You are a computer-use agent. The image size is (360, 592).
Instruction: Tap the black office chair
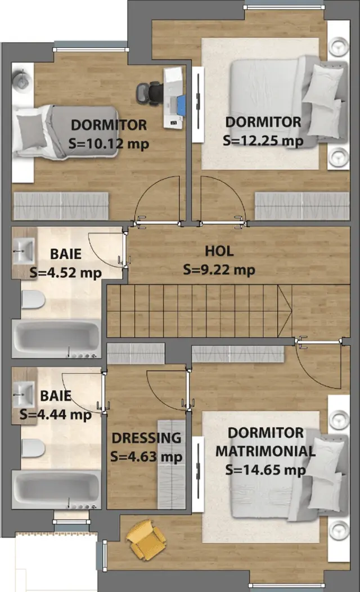(x=150, y=93)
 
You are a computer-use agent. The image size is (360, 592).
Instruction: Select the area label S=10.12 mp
(x=109, y=144)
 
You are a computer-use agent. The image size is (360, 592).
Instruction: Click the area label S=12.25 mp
(x=263, y=141)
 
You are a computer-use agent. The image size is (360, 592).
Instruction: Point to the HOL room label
(x=219, y=251)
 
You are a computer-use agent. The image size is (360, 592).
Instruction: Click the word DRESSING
(x=146, y=438)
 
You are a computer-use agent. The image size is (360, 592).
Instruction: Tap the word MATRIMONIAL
(x=265, y=451)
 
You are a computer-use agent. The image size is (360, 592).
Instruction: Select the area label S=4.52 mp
(x=66, y=272)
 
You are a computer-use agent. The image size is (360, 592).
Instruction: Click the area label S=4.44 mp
(x=56, y=415)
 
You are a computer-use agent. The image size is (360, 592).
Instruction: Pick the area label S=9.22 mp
(x=219, y=270)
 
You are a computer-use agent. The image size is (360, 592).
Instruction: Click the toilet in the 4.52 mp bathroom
(x=33, y=300)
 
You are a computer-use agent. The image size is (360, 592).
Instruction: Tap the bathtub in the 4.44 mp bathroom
(x=56, y=490)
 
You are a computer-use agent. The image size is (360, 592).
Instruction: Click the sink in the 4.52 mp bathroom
(x=24, y=250)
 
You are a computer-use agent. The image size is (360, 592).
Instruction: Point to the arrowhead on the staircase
(x=285, y=311)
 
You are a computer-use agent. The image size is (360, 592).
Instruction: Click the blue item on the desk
(x=181, y=105)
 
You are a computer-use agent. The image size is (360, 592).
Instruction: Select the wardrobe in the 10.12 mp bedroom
(x=61, y=206)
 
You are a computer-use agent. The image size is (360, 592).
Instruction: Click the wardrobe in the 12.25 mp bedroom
(x=302, y=206)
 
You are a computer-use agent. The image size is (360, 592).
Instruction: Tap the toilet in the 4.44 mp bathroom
(x=33, y=449)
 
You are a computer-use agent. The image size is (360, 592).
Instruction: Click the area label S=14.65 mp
(x=265, y=470)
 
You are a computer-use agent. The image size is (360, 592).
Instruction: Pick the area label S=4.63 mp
(x=146, y=457)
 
